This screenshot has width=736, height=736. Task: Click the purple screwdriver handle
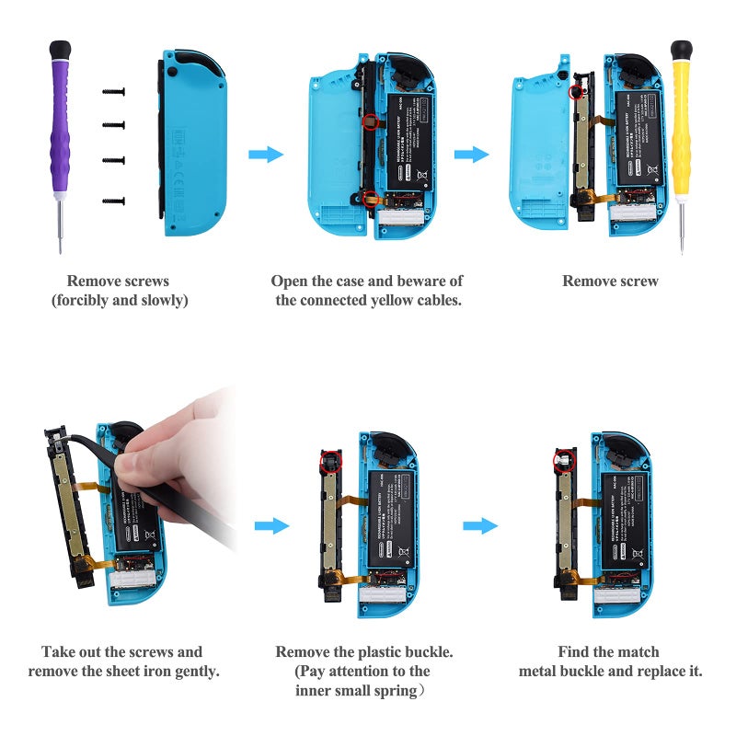(x=59, y=120)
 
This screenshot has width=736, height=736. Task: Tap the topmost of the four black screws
(x=113, y=91)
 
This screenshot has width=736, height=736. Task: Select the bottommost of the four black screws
(x=113, y=199)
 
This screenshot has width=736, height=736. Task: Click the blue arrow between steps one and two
(x=266, y=155)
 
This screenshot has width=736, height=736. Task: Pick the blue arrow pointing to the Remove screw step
(x=471, y=155)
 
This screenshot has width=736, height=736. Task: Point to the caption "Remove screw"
(x=610, y=282)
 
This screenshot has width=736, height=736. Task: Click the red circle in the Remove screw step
(x=576, y=92)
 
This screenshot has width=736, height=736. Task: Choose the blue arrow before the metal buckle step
(x=479, y=525)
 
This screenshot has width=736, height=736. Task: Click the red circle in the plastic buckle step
(x=331, y=458)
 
